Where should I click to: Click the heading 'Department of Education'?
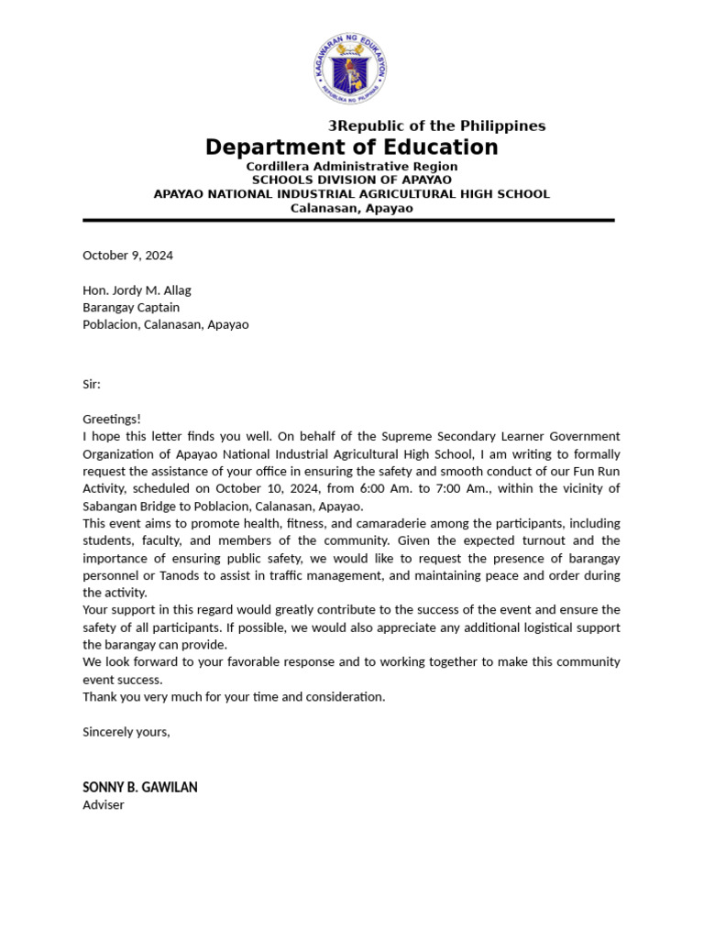pyautogui.click(x=351, y=147)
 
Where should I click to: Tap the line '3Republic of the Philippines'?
pyautogui.click(x=436, y=125)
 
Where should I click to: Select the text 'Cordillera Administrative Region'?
pyautogui.click(x=351, y=167)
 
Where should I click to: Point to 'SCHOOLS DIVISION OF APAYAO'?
pyautogui.click(x=351, y=180)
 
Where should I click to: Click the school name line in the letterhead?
pyautogui.click(x=351, y=194)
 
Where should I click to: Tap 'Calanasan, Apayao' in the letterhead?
pyautogui.click(x=351, y=208)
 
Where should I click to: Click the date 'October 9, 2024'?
pyautogui.click(x=127, y=256)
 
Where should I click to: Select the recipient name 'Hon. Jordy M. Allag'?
pyautogui.click(x=137, y=290)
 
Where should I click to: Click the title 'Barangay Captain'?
pyautogui.click(x=131, y=308)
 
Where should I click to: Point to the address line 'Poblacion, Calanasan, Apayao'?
pyautogui.click(x=165, y=324)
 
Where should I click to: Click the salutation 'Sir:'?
pyautogui.click(x=92, y=385)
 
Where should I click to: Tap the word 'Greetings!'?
pyautogui.click(x=112, y=419)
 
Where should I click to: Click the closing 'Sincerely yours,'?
pyautogui.click(x=126, y=732)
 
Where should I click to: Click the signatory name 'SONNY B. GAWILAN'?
pyautogui.click(x=139, y=788)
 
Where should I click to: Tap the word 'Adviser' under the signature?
pyautogui.click(x=103, y=805)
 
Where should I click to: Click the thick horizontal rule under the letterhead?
pyautogui.click(x=348, y=221)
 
